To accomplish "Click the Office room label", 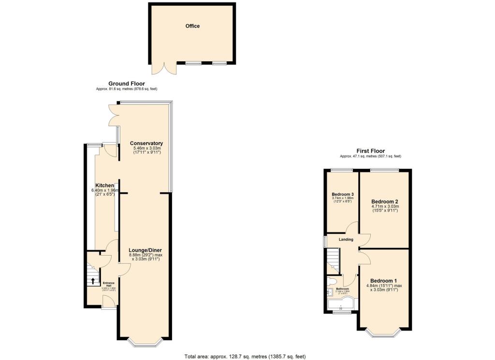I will (192, 26).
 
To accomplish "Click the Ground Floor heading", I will (126, 84).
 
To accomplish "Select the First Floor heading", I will (370, 151).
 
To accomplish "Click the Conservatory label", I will (146, 144).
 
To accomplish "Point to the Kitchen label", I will (104, 186).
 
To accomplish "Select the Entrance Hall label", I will (108, 285).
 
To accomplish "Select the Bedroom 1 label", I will (384, 281).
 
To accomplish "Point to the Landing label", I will (346, 240).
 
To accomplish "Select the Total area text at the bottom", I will (245, 357).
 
